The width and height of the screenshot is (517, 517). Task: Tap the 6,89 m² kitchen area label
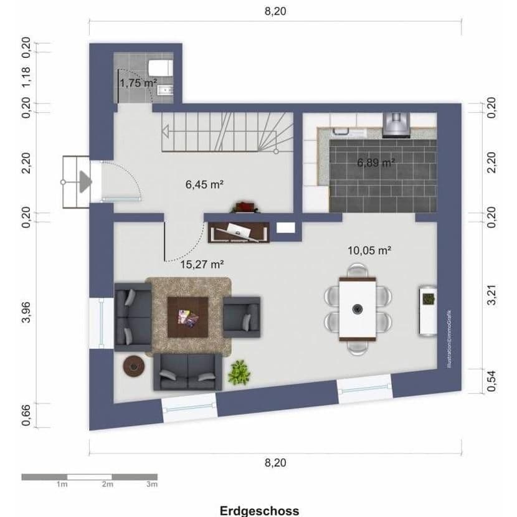pyautogui.click(x=376, y=163)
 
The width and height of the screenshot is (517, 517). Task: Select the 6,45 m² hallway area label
pyautogui.click(x=204, y=184)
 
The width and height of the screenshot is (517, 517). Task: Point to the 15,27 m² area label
pyautogui.click(x=202, y=264)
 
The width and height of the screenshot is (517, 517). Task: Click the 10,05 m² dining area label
pyautogui.click(x=369, y=250)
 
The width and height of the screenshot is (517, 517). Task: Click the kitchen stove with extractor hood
pyautogui.click(x=396, y=124)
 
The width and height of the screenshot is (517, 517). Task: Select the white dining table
pyautogui.click(x=358, y=308)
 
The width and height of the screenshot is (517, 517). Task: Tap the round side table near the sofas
pyautogui.click(x=133, y=366)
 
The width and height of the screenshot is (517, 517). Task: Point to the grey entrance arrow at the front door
pyautogui.click(x=85, y=181)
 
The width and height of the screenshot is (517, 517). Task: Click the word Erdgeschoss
pyautogui.click(x=259, y=510)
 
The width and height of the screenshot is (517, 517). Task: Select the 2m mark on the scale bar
pyautogui.click(x=108, y=484)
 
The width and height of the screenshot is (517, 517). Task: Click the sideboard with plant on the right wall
pyautogui.click(x=428, y=310)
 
